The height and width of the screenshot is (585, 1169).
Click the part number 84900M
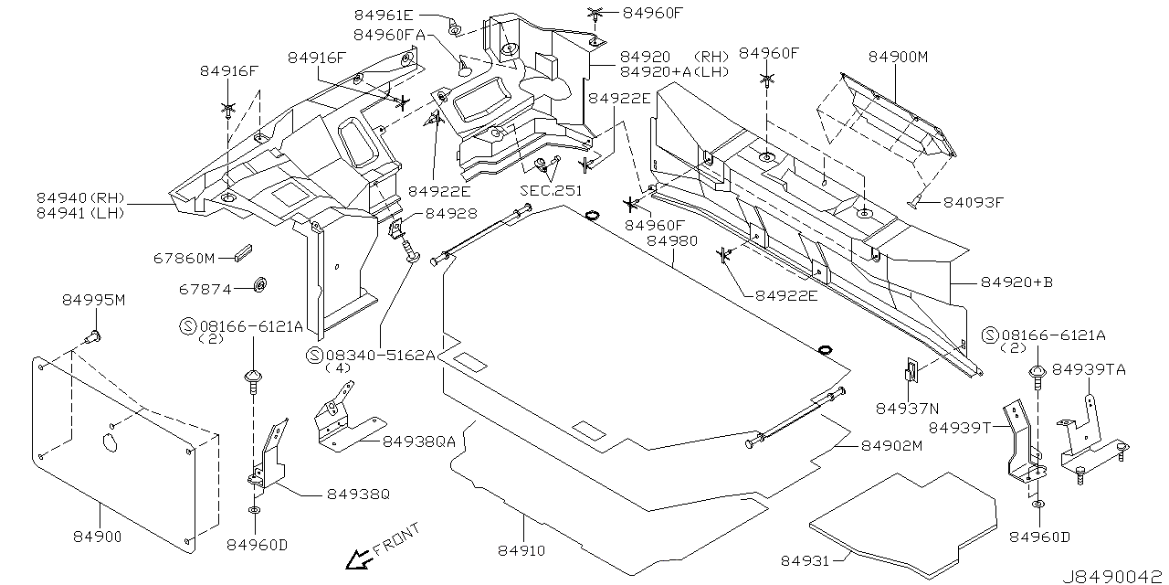coord(898,57)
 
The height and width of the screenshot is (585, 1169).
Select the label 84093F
coord(974,202)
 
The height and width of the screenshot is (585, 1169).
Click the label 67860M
coord(184,259)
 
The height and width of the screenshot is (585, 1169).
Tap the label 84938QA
coord(418,441)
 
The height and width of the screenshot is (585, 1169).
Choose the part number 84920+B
coord(1016,282)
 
